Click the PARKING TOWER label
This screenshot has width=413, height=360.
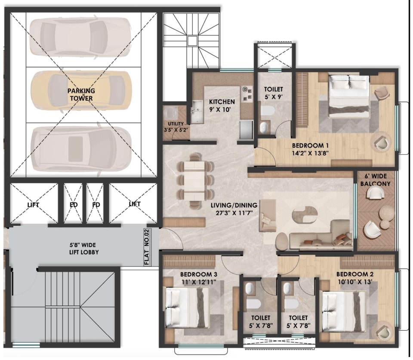(80, 95)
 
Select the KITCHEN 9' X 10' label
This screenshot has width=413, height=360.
(222, 105)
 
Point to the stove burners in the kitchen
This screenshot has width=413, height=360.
(247, 94)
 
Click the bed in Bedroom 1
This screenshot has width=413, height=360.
(348, 95)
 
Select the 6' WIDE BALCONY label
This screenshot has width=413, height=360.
(377, 181)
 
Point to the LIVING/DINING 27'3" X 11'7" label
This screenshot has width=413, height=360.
(234, 209)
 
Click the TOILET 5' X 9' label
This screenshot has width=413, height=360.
(274, 92)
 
